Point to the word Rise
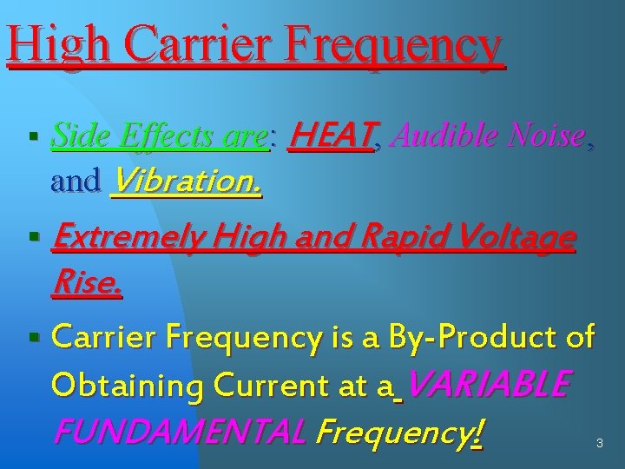pos(87,281)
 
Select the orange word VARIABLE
pos(489,382)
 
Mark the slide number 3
pos(598,444)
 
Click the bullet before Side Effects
pos(32,137)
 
